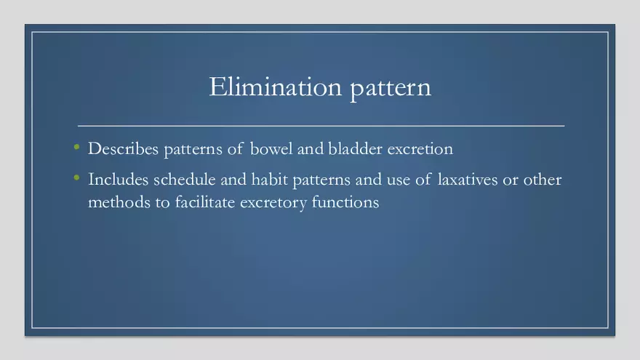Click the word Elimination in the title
point(276,87)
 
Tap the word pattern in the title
point(391,88)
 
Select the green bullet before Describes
point(77,147)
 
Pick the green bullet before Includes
point(77,177)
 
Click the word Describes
point(123,148)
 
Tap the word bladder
point(355,148)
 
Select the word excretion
point(420,149)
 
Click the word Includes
point(119,180)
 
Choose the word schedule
point(185,180)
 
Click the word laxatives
point(468,180)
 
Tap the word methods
point(119,202)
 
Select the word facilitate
point(205,202)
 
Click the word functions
point(345,202)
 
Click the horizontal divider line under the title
point(321,126)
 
